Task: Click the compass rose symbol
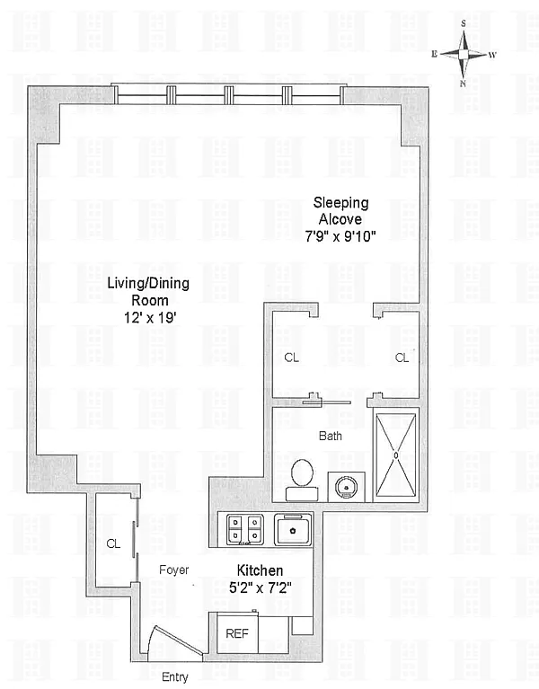pos(464,54)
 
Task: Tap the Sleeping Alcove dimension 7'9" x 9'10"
pos(340,237)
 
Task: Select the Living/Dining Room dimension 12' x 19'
pos(150,317)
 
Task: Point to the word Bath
pos(331,436)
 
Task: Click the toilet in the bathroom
pos(302,480)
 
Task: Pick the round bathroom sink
pos(346,487)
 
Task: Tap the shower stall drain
pos(396,455)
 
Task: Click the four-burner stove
pos(244,529)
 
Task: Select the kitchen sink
pos(293,530)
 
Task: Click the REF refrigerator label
pos(237,633)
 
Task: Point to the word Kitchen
pos(260,570)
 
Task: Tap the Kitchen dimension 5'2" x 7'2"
pos(260,587)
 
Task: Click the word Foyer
pos(174,570)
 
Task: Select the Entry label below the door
pos(175,677)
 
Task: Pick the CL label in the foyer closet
pos(113,544)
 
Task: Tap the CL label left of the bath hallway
pos(292,358)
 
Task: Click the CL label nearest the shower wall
pos(402,358)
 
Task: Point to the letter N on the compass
pos(463,84)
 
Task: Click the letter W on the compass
pos(492,56)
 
